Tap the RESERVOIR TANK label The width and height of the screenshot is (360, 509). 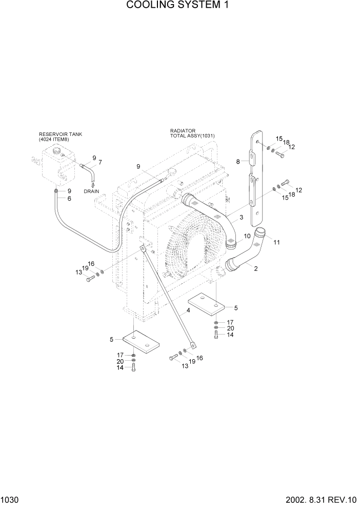pyautogui.click(x=60, y=134)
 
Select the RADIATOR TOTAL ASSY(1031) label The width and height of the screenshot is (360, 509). pyautogui.click(x=192, y=133)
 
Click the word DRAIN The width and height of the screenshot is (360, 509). pyautogui.click(x=92, y=191)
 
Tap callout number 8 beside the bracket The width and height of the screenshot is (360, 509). pyautogui.click(x=238, y=162)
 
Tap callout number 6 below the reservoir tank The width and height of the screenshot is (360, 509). pyautogui.click(x=69, y=199)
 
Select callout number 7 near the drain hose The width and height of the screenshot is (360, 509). pyautogui.click(x=100, y=162)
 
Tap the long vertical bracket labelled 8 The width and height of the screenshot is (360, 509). pyautogui.click(x=255, y=177)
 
